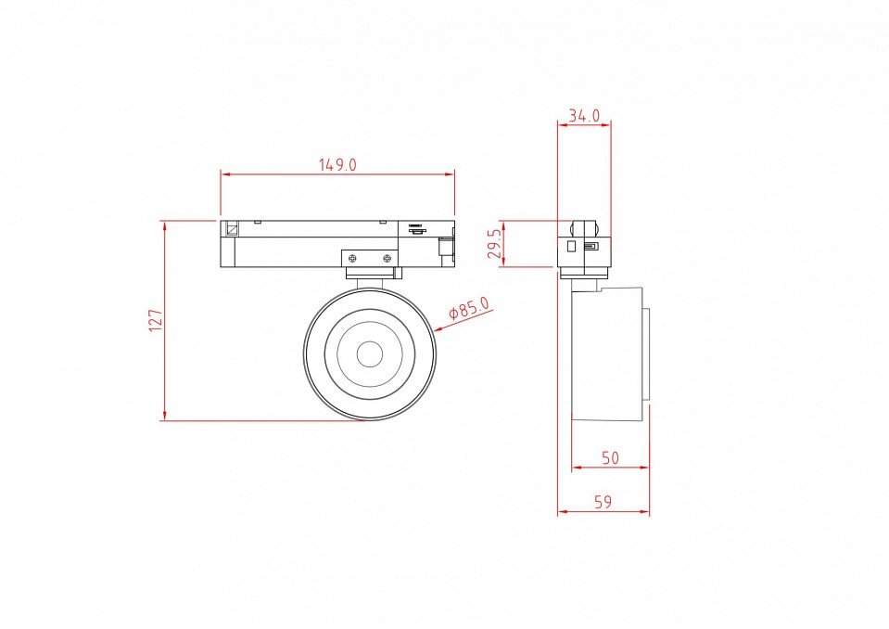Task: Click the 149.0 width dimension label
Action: coord(337,165)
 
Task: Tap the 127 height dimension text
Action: coord(156,320)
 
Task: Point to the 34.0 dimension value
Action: coord(584,116)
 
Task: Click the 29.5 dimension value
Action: coord(495,243)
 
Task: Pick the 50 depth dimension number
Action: coord(610,457)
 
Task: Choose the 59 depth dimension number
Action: coord(603,502)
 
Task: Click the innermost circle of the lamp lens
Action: coord(369,354)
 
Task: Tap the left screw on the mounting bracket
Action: coord(352,259)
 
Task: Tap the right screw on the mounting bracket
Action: coord(387,259)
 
